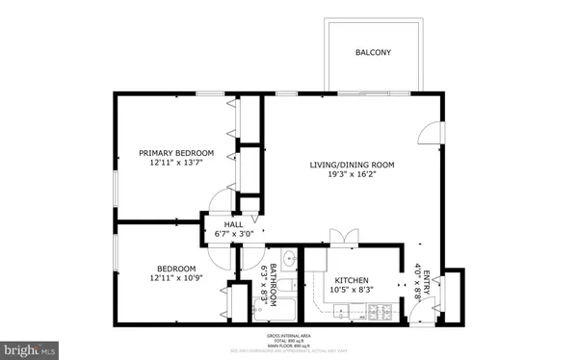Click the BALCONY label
coord(373,52)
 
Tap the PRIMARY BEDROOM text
coord(176,153)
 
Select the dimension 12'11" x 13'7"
coord(176,164)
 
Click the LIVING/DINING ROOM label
coord(352,165)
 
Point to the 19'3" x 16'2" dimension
coord(352,175)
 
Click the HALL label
coord(234,224)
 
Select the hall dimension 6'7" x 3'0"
coord(234,234)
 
